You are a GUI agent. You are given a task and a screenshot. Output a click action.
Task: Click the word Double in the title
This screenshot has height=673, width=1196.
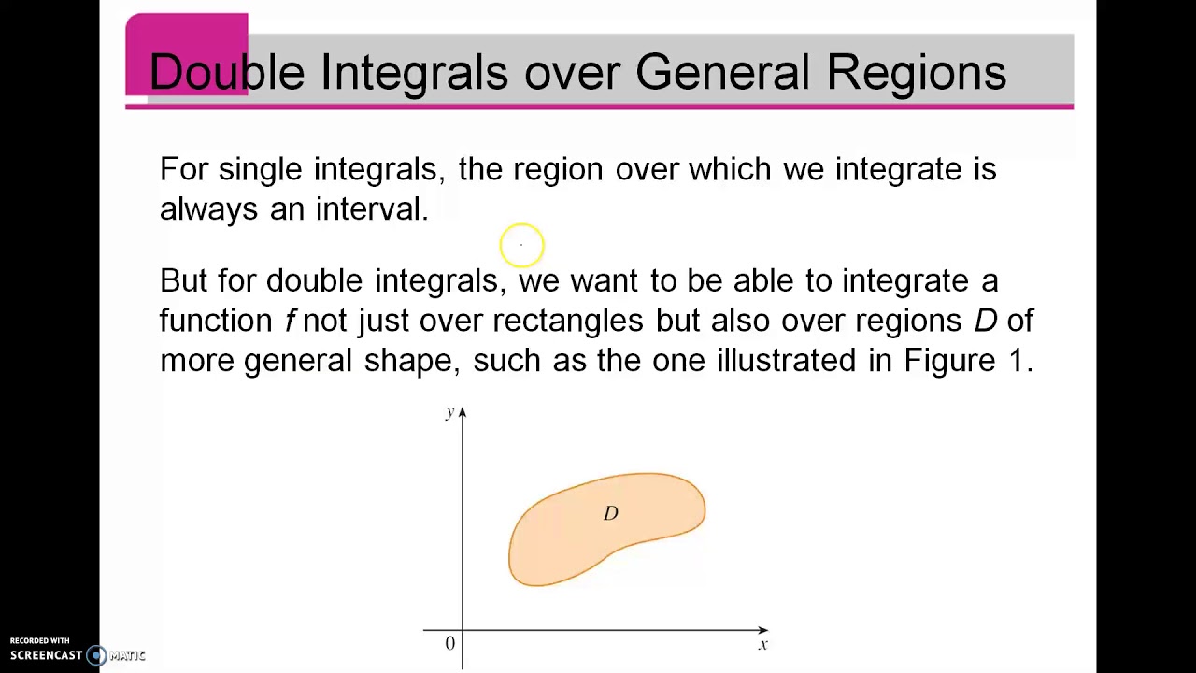(226, 72)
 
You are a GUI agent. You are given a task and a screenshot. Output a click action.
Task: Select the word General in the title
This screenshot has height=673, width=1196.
(721, 72)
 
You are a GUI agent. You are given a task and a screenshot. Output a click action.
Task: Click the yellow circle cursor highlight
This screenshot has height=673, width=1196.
(521, 245)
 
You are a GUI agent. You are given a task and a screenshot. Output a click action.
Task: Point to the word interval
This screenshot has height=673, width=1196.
(371, 208)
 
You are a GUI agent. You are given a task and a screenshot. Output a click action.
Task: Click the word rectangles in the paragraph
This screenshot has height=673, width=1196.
(567, 321)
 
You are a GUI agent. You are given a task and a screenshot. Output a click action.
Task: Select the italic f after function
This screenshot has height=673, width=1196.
(290, 320)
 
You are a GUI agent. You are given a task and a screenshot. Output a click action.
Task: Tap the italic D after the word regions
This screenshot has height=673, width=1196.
(985, 321)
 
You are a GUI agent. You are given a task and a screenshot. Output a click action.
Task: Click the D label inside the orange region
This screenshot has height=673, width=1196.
(610, 513)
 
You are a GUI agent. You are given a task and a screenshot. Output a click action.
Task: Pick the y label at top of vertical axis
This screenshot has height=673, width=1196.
(449, 411)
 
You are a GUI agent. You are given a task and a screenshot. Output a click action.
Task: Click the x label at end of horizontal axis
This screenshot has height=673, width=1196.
(763, 644)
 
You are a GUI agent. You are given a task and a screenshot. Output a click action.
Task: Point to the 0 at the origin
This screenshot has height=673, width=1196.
(449, 643)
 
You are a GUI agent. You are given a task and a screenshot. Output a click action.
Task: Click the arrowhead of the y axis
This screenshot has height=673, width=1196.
(462, 412)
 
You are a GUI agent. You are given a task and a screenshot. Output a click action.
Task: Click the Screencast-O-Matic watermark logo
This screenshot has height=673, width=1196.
(97, 655)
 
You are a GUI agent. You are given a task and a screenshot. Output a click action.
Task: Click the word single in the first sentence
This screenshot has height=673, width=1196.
(260, 169)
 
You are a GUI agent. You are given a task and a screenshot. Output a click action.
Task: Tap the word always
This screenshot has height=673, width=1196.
(208, 209)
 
